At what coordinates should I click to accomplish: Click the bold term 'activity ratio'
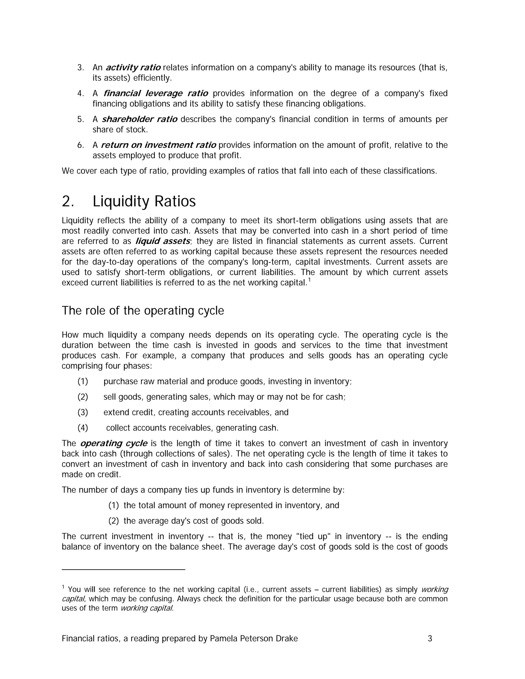coord(133,67)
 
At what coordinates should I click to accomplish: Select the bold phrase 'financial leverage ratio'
coord(156,93)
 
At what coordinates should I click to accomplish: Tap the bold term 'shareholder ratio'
coord(139,119)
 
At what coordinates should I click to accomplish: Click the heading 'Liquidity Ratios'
coord(144,201)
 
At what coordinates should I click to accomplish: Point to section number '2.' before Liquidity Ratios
coord(67,201)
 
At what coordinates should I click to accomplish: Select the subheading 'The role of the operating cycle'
coord(143,311)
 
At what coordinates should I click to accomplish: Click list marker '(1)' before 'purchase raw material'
coord(83,381)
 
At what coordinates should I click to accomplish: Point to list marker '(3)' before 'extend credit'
coord(83,412)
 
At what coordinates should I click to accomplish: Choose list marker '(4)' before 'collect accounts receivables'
coord(83,428)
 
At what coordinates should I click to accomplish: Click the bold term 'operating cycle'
coord(114,443)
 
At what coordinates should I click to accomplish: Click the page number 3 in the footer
coord(430,639)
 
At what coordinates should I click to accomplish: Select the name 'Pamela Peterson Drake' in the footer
coord(254,639)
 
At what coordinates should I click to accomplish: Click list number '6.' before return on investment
coord(80,145)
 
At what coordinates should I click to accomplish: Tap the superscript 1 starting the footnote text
coord(63,587)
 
